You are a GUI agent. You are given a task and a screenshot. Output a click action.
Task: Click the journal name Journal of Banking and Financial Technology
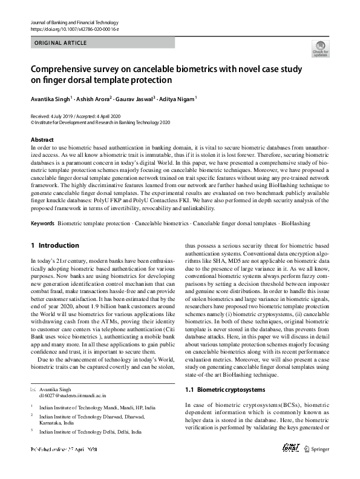point(71,22)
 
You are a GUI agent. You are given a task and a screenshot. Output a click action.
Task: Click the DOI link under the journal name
point(70,28)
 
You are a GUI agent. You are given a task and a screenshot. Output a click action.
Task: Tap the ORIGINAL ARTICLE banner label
point(61,43)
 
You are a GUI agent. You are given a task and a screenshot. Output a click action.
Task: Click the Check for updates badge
point(319,49)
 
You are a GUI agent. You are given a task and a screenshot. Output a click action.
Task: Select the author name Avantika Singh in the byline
point(50,99)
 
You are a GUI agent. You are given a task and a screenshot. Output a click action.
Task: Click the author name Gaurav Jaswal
point(134,99)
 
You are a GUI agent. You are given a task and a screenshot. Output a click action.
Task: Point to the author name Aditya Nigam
point(177,99)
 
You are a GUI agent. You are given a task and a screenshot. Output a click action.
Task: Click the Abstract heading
point(42,139)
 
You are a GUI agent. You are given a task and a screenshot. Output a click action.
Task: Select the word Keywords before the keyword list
point(42,223)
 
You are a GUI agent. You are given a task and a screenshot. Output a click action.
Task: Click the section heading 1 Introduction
point(54,245)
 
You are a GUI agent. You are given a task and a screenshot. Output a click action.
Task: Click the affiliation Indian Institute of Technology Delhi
point(90,432)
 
